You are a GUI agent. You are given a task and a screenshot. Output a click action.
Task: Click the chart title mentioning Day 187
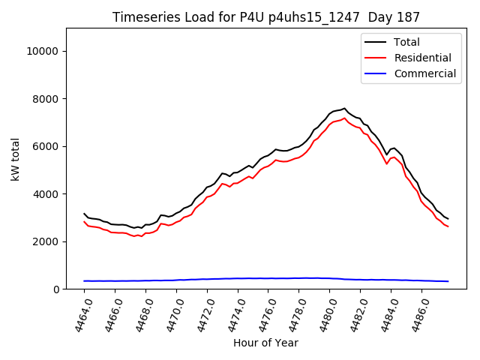coord(266,16)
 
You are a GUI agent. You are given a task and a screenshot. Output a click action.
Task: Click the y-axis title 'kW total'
coord(16,159)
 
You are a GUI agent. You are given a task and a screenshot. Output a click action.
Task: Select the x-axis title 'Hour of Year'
coord(265,343)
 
